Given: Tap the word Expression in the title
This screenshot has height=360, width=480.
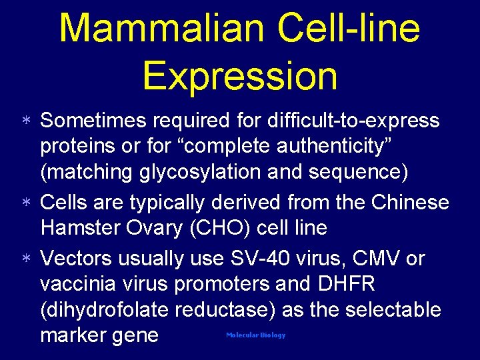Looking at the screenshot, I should pyautogui.click(x=239, y=75).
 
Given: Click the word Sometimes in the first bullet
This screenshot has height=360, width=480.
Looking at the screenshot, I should pyautogui.click(x=94, y=121).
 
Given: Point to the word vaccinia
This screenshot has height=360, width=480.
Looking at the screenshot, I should pyautogui.click(x=77, y=284).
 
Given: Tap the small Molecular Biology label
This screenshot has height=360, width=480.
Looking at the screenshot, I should pyautogui.click(x=255, y=335).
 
